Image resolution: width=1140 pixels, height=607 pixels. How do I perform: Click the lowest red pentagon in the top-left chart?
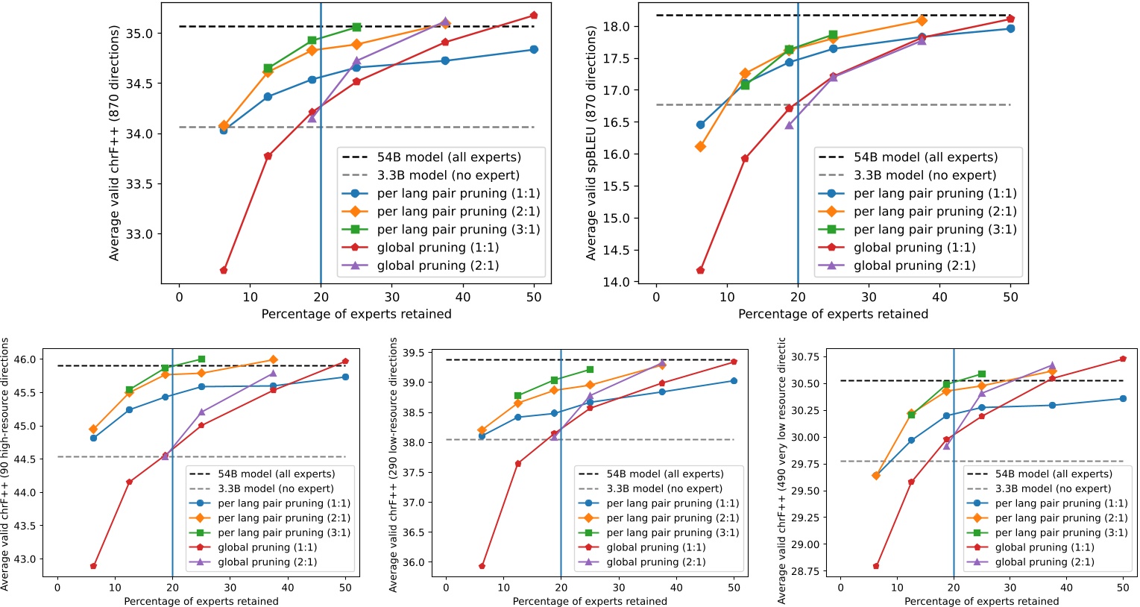coord(224,270)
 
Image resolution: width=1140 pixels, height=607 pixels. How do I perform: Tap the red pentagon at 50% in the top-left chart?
coord(534,15)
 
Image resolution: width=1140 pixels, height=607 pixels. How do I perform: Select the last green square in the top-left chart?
coord(356,27)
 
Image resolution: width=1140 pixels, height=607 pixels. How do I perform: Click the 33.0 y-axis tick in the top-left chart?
coord(139,234)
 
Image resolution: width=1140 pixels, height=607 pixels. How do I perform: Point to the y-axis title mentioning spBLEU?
coord(591,142)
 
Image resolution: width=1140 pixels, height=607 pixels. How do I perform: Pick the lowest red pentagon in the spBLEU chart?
coord(700,270)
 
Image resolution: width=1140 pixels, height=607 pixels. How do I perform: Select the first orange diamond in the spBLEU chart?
coord(700,147)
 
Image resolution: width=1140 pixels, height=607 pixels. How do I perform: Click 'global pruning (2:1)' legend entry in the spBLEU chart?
coord(914,265)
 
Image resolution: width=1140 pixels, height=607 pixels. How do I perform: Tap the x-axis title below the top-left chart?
coord(356,315)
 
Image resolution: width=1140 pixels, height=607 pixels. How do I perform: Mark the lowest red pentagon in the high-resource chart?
coord(93,566)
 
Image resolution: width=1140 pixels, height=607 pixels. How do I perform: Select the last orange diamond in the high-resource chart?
coord(274,360)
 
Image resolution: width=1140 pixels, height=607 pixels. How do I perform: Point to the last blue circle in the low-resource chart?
coord(734,381)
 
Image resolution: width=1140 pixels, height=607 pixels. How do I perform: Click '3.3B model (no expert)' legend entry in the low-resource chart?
coord(664,488)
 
